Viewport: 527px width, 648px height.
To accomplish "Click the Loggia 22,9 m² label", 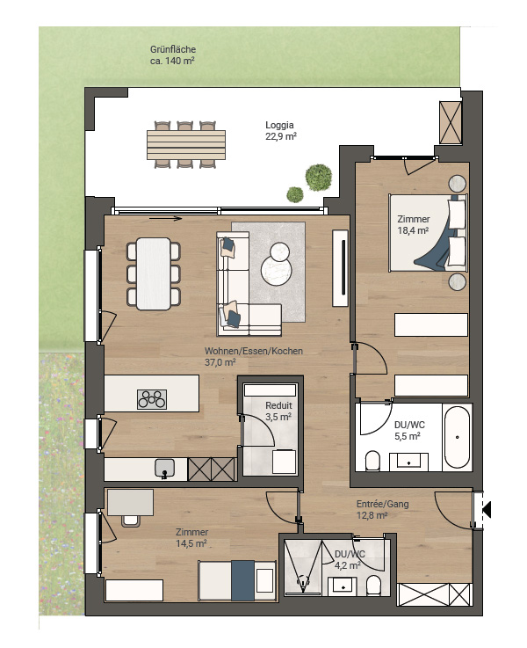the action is (281, 131).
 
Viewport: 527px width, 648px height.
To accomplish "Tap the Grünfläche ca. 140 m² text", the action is (172, 55).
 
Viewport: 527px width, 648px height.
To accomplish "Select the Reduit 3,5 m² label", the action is (278, 411).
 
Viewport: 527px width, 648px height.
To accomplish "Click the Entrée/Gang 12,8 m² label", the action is (383, 510).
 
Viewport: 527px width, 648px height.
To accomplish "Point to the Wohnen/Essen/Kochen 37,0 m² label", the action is (254, 357).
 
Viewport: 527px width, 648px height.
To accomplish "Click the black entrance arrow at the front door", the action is (487, 509).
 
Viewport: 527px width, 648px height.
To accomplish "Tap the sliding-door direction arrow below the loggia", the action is (165, 219).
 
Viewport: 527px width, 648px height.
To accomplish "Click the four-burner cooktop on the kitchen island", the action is (152, 399).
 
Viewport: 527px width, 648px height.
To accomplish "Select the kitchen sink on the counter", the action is (164, 469).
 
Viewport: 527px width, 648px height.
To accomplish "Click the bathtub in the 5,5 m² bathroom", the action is (457, 437).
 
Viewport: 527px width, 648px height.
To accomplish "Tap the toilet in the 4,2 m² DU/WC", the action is (374, 586).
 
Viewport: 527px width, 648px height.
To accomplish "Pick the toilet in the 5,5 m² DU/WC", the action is (372, 461).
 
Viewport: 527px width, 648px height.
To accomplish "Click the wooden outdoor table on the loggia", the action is (186, 145).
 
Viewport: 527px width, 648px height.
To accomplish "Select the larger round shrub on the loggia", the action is (319, 178).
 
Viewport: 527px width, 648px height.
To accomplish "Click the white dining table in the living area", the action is (153, 273).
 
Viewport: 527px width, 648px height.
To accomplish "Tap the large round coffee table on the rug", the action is (276, 270).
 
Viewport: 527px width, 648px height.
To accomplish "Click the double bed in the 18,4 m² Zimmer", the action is (429, 233).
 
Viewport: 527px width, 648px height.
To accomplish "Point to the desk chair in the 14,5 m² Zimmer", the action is (131, 521).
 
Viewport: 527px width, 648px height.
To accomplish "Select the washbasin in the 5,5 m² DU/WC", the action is (408, 462).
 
